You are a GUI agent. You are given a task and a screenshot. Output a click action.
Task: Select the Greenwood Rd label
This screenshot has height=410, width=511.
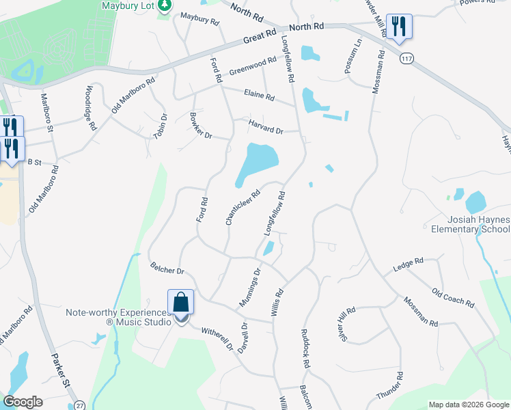[253, 66]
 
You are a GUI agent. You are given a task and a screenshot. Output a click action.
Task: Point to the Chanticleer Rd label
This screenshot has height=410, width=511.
[243, 207]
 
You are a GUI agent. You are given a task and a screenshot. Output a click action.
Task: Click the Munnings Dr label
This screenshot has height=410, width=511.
[250, 287]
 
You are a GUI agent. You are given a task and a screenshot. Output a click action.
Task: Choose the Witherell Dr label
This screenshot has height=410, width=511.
[217, 338]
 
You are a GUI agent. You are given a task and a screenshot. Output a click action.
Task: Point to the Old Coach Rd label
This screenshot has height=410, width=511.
[453, 297]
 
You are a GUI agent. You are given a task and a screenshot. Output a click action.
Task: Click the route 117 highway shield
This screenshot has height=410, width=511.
[407, 59]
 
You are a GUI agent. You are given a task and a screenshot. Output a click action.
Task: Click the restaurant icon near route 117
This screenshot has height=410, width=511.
[399, 27]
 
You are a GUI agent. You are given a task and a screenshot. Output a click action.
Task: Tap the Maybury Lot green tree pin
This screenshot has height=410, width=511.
[164, 7]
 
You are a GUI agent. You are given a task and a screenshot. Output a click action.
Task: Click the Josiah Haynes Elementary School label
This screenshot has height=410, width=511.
[478, 224]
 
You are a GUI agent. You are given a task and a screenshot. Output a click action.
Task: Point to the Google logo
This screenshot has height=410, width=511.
[23, 402]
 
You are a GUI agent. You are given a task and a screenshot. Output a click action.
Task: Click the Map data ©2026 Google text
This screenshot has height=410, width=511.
[468, 405]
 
